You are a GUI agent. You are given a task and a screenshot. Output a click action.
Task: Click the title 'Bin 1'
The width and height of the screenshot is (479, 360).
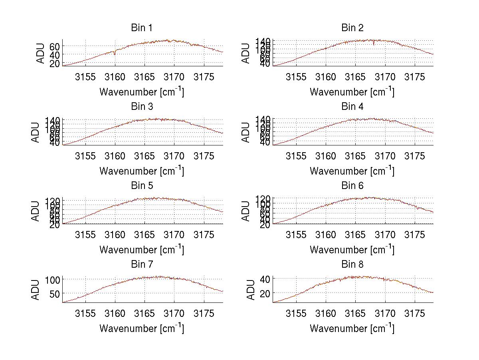coord(142,28)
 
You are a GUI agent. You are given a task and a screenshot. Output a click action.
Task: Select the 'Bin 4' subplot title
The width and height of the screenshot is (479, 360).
coord(352,107)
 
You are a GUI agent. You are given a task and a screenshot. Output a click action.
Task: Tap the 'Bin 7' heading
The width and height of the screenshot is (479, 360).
coord(142,265)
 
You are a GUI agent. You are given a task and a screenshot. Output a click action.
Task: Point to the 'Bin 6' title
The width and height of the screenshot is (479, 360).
coord(352,186)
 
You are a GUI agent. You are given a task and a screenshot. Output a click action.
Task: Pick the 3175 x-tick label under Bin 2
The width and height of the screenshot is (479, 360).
coord(415,77)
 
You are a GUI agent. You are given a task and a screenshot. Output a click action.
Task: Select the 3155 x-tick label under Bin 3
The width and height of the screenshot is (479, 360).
coord(85,156)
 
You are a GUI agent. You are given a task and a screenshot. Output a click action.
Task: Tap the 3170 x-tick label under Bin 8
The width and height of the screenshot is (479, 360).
coord(385,313)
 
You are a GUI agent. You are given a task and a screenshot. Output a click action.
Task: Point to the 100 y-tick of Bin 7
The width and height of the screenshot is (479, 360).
coord(52,279)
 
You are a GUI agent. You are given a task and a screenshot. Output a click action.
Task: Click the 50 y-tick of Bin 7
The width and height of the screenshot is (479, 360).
coord(55,294)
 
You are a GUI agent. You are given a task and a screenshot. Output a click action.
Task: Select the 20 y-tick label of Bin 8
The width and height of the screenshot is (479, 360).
coord(265,293)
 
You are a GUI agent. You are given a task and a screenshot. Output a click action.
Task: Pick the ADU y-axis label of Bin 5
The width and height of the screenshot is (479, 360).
coord(36,211)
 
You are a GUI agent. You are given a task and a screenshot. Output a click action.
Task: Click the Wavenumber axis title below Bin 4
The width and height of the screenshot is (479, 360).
coord(352,171)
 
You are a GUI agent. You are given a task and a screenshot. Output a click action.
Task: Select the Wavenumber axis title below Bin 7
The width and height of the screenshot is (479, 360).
coord(142,328)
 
